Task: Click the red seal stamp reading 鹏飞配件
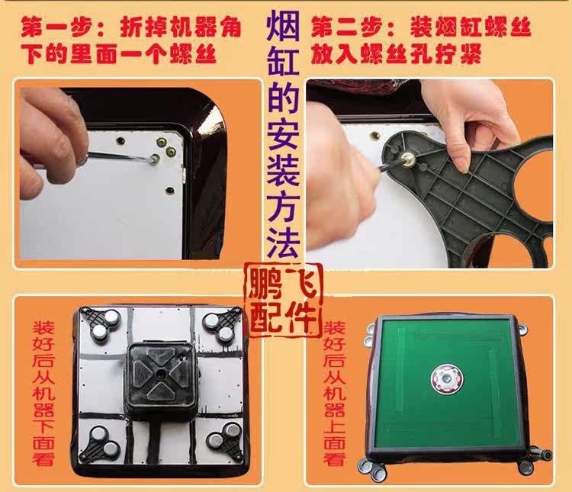[x=283, y=301]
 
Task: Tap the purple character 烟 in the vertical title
[x=283, y=26]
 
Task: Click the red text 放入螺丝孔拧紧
[x=396, y=54]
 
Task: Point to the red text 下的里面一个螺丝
[x=119, y=54]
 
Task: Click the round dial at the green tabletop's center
[x=447, y=379]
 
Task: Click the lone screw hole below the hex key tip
[x=170, y=190]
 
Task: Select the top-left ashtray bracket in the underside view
[x=101, y=325]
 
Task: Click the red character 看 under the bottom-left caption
[x=43, y=458]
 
